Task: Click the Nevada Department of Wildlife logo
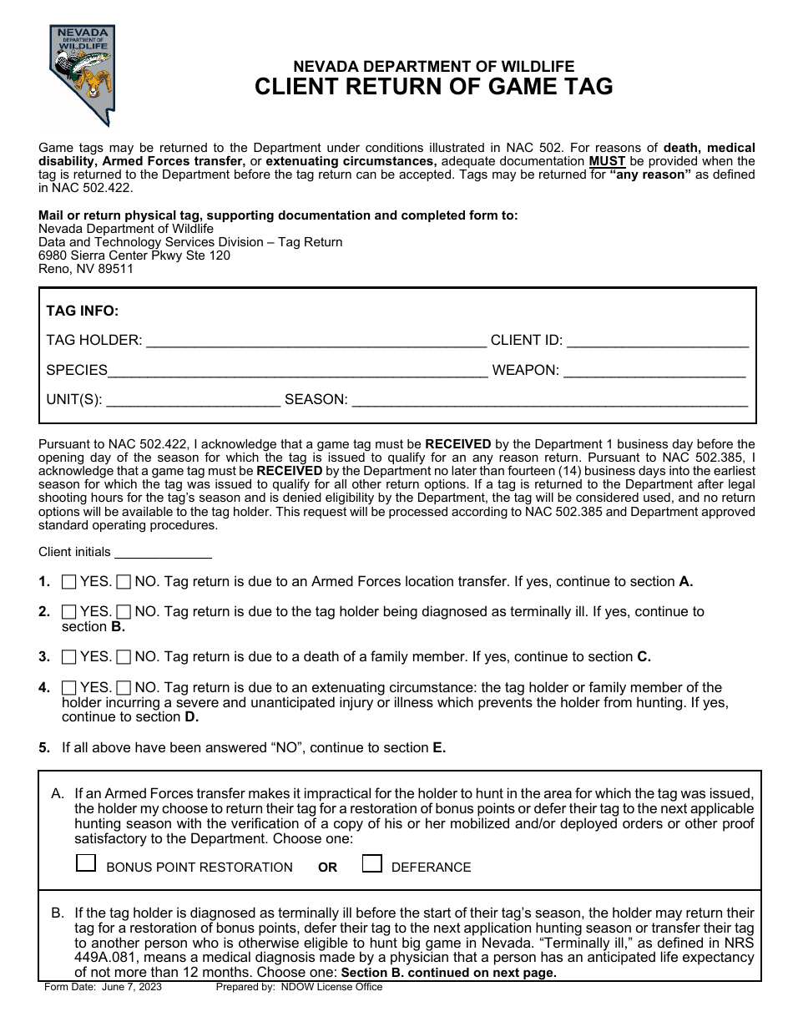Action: point(81,74)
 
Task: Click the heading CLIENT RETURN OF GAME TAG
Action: point(433,87)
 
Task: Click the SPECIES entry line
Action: point(298,371)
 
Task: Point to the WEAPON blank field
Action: point(654,371)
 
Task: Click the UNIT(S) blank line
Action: point(194,400)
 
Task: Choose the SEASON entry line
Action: point(550,400)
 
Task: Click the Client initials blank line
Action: point(163,553)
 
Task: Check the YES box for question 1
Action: point(69,582)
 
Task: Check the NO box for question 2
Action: point(124,612)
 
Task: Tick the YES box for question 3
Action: point(69,657)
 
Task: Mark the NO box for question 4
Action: point(124,688)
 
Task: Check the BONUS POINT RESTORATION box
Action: point(86,863)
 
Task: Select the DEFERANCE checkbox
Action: point(372,863)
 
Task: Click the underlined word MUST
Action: point(607,161)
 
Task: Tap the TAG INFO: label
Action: point(83,311)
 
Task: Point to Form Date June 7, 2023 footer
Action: point(104,987)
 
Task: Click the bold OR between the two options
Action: point(327,868)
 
